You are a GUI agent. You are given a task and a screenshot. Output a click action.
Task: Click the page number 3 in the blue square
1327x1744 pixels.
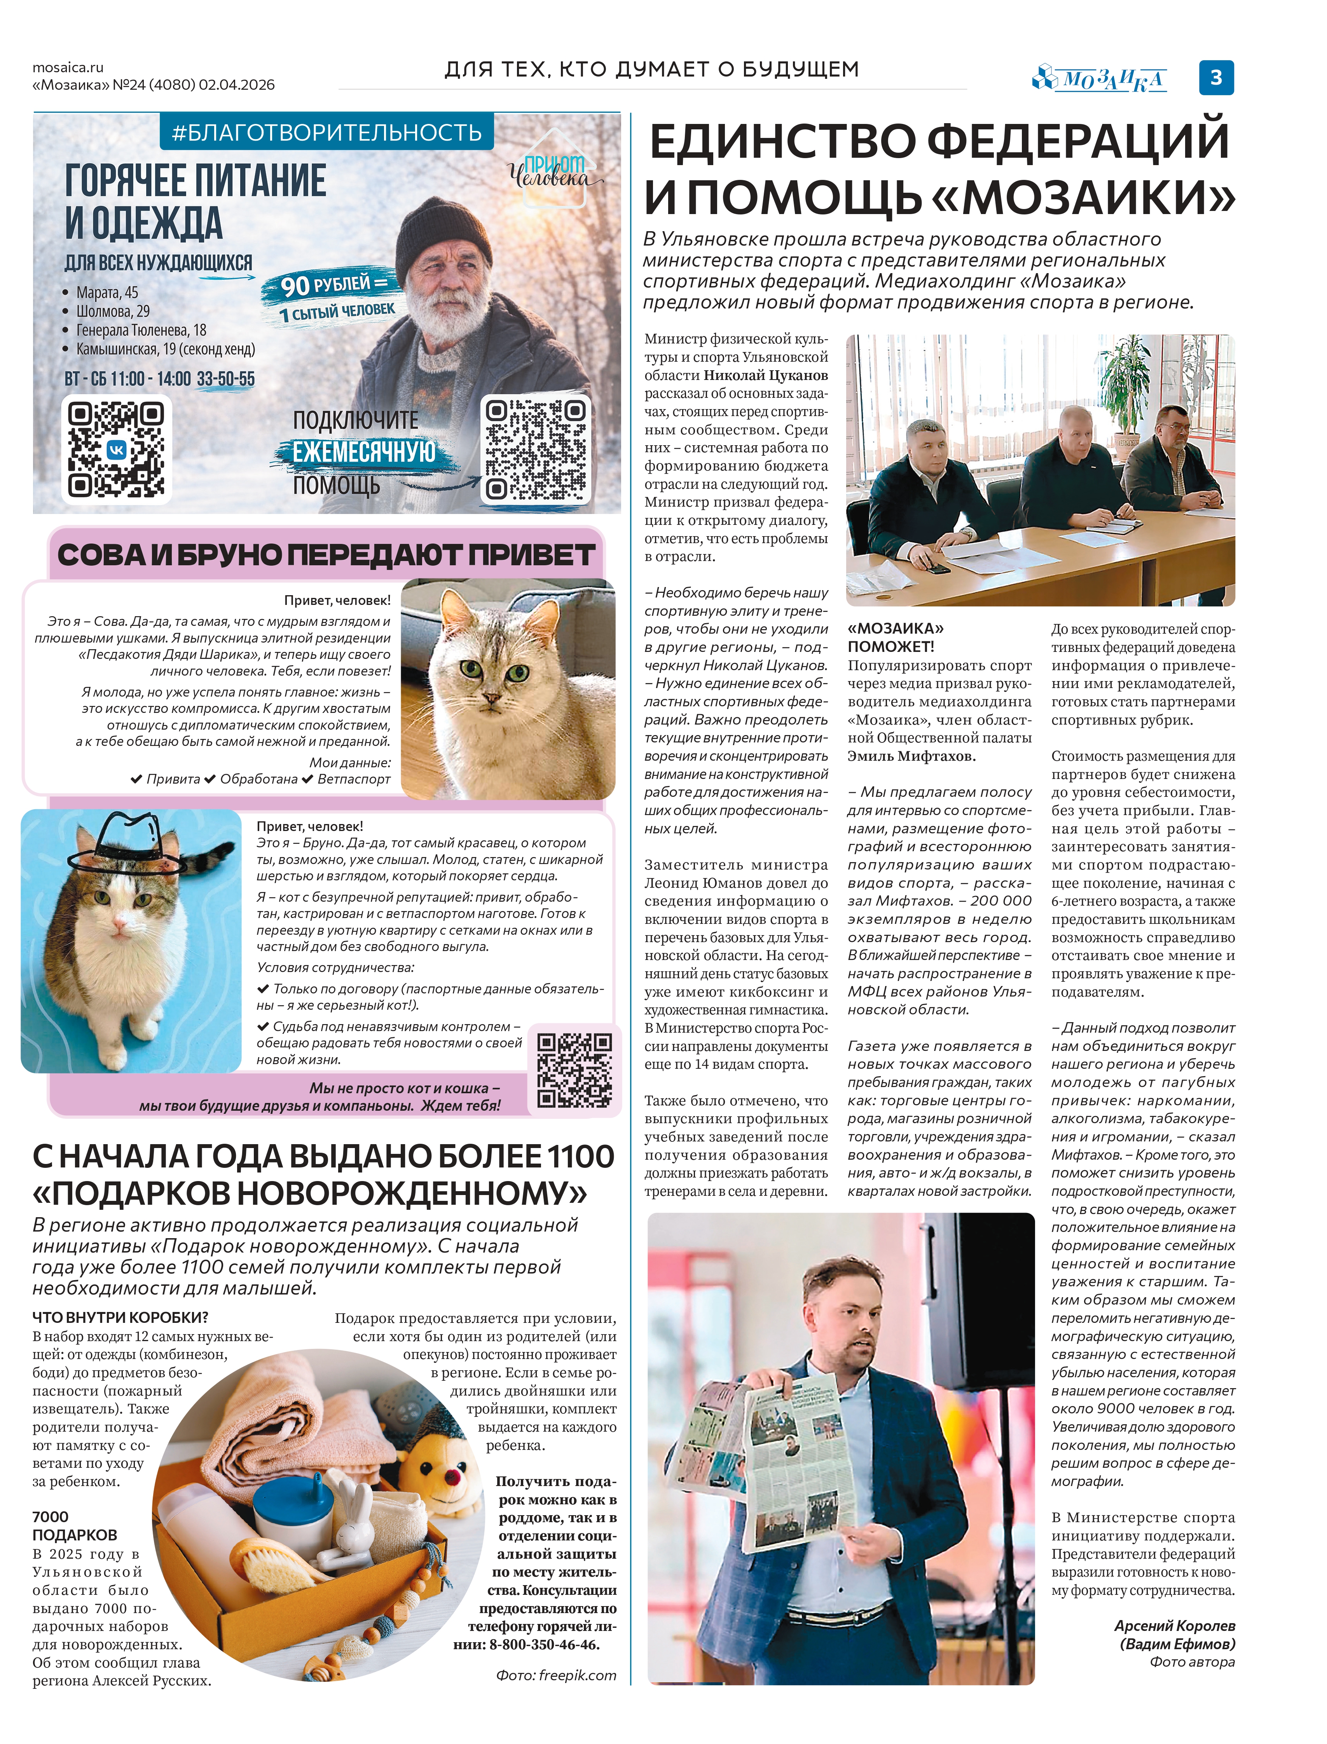[x=1217, y=77]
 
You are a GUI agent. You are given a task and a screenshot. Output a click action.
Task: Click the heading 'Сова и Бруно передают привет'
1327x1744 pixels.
[x=325, y=555]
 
